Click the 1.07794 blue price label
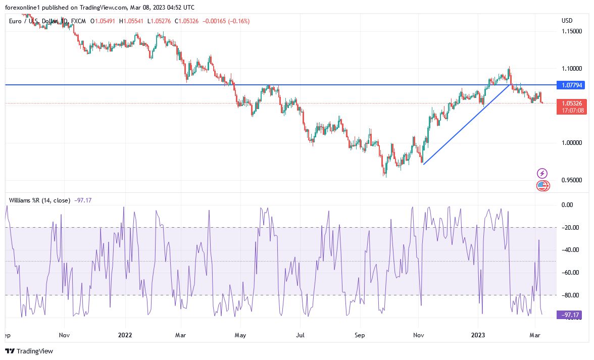click(x=571, y=85)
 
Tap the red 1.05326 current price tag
click(x=571, y=104)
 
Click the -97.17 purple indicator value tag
click(x=571, y=315)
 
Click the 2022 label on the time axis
click(x=125, y=335)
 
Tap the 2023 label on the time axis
click(x=478, y=335)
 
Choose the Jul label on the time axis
click(x=301, y=335)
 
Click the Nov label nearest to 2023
click(x=419, y=335)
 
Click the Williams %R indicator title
click(x=39, y=200)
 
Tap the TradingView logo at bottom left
click(x=29, y=351)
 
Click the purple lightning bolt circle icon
click(x=542, y=173)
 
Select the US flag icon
click(x=542, y=185)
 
